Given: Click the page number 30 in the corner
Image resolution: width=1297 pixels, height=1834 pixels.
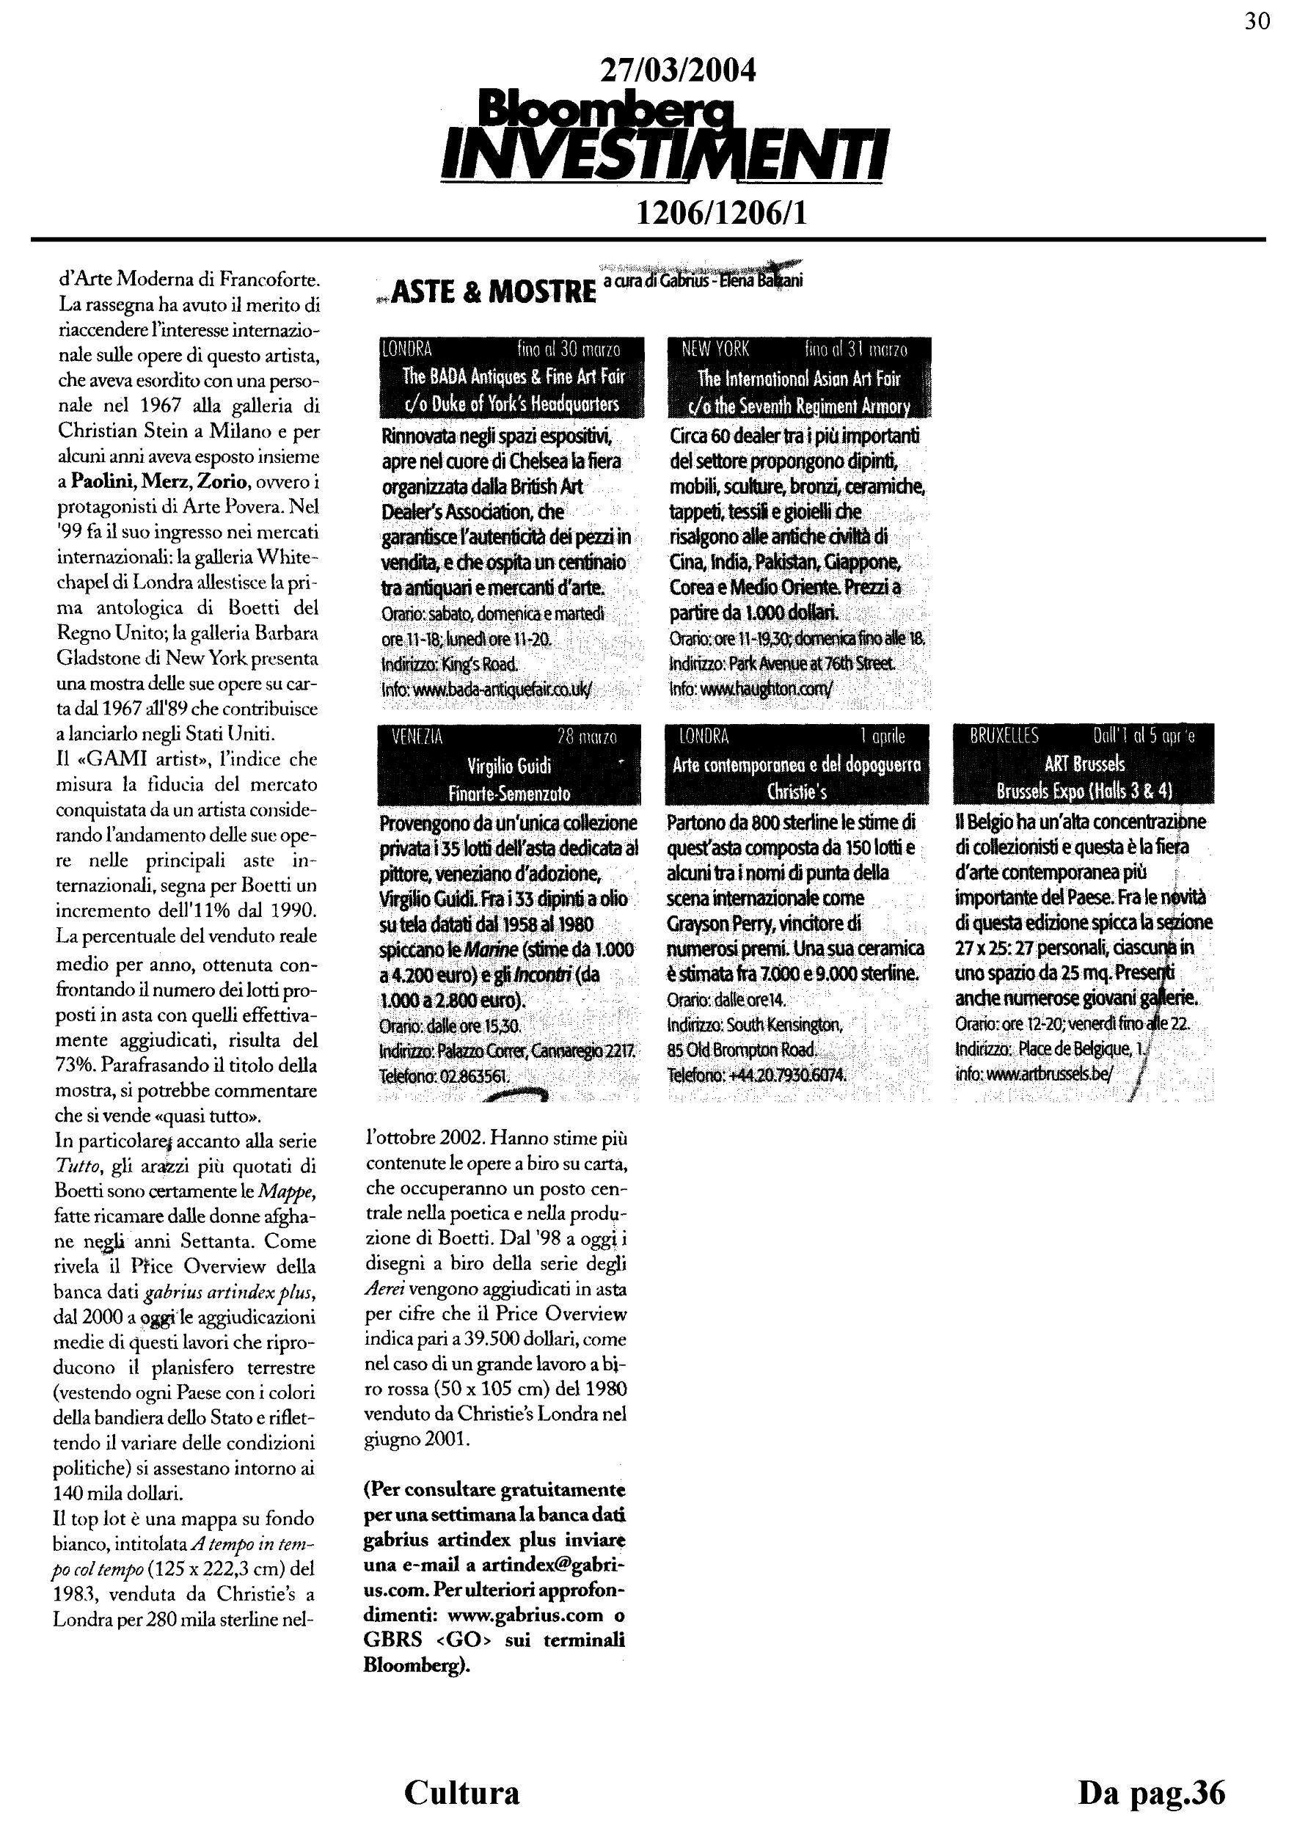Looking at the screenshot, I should coord(1257,21).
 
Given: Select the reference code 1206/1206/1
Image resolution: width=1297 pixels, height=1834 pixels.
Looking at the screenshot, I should coord(720,213).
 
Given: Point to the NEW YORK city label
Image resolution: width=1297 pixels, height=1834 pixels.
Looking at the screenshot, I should coord(715,350).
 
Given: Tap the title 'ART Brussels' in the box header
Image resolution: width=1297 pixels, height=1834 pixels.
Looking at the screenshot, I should coord(1084,764).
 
